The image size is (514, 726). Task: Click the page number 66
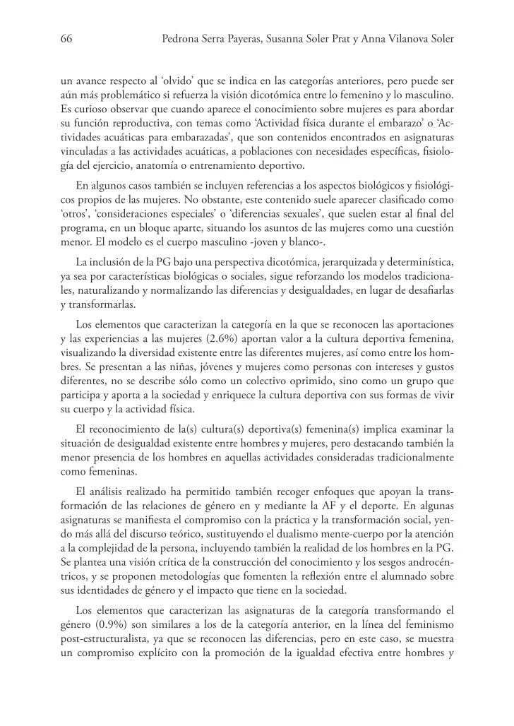(x=68, y=40)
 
